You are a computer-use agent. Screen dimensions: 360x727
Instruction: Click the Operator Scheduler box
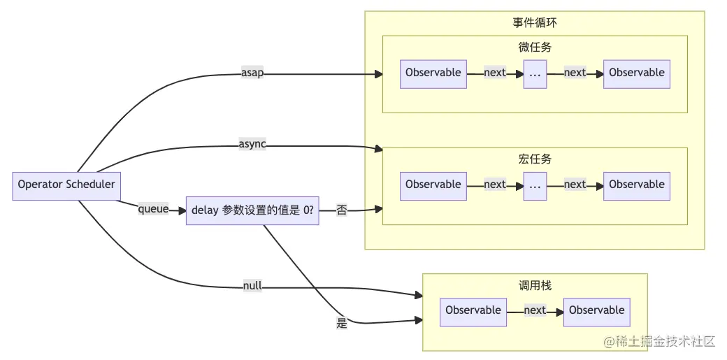(66, 185)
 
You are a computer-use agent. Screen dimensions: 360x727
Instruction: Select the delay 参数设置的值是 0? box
(252, 210)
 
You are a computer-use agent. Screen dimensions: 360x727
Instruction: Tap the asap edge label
(252, 73)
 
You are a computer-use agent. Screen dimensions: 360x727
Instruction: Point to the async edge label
(252, 145)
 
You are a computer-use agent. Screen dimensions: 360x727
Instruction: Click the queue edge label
(153, 208)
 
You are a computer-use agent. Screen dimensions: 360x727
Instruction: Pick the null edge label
(252, 286)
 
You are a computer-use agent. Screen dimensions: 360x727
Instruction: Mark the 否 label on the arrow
(342, 210)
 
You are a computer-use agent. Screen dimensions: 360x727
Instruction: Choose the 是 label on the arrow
(342, 323)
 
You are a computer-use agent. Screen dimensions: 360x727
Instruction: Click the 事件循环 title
(535, 22)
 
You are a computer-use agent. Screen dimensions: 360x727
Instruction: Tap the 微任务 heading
(535, 48)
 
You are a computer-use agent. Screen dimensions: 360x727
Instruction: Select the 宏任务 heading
(535, 159)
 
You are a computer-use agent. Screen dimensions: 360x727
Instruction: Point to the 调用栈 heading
(535, 285)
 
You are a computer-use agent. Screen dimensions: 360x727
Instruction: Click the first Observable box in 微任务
(433, 73)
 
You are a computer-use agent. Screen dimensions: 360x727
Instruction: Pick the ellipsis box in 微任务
(535, 73)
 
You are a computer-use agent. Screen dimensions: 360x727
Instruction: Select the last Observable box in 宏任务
(637, 185)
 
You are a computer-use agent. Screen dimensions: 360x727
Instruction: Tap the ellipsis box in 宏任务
(535, 185)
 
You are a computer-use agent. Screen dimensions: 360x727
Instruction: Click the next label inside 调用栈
(535, 310)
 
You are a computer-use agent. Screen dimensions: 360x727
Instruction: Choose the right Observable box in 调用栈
(597, 311)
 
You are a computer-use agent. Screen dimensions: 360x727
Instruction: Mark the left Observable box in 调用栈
(473, 311)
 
